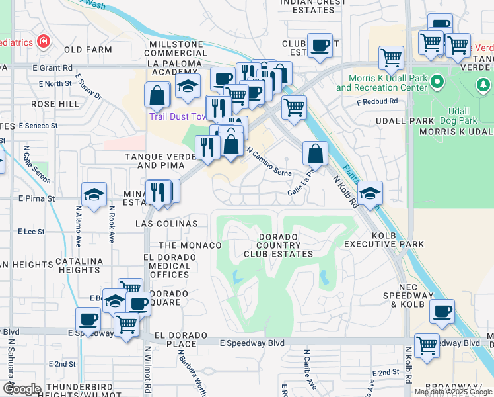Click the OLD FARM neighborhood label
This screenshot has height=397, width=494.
(88, 50)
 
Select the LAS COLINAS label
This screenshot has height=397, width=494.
(167, 224)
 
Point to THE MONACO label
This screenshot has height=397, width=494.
(190, 245)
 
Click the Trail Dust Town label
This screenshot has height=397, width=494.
(176, 116)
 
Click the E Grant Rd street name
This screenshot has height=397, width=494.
(55, 67)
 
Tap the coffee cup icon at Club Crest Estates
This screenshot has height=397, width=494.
(320, 46)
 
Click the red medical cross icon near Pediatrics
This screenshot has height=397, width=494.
(44, 42)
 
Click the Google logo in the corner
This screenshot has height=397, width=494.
(22, 389)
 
